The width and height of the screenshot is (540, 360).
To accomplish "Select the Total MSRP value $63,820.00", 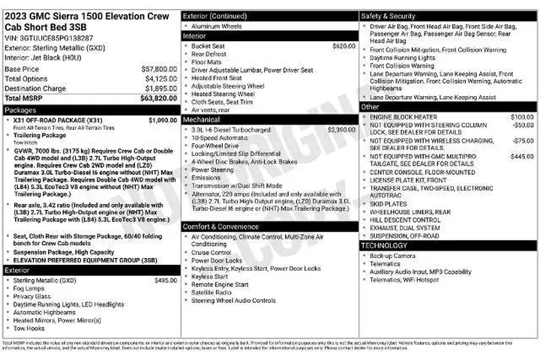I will coord(158,97).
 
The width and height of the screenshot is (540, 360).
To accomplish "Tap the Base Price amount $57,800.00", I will coord(159,69).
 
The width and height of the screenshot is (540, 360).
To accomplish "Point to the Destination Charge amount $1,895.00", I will coord(160,88).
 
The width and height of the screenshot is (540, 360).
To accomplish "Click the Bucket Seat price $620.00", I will coord(343,46).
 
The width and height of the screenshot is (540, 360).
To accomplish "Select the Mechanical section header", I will coord(202,119).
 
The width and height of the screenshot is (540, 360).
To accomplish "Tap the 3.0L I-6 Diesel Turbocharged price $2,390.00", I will coord(340,130).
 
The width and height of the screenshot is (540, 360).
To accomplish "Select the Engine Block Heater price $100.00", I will coord(521,117).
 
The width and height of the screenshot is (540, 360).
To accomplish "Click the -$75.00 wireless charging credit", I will coord(523,140).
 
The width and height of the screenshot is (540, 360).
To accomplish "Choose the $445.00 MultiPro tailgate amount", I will coord(521,156).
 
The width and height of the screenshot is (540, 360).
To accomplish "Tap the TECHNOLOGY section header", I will coord(384,246).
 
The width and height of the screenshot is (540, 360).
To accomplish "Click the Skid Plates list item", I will coord(387,203).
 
